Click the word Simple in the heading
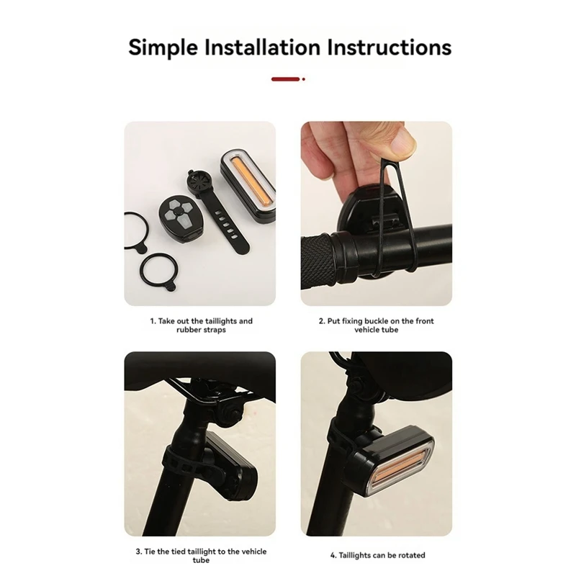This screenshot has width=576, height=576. coord(163,48)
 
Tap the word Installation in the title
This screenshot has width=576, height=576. coord(262,47)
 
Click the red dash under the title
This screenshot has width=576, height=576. coord(285,79)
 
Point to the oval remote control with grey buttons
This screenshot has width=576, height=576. coord(180,218)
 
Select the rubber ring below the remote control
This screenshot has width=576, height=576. coord(159,271)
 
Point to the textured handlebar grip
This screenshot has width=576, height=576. coord(317,261)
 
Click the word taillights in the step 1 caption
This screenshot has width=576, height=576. coord(221,321)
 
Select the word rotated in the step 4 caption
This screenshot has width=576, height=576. coord(411,555)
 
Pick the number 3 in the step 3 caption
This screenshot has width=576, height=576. coord(138,552)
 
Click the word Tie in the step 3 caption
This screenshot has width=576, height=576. coord(150,552)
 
